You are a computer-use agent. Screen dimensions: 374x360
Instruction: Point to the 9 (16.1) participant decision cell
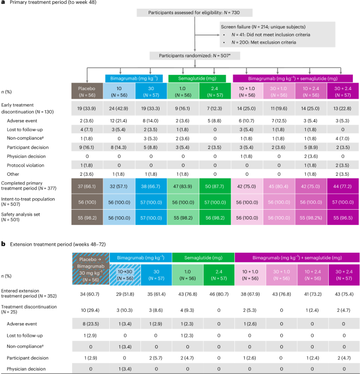click(x=87, y=147)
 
